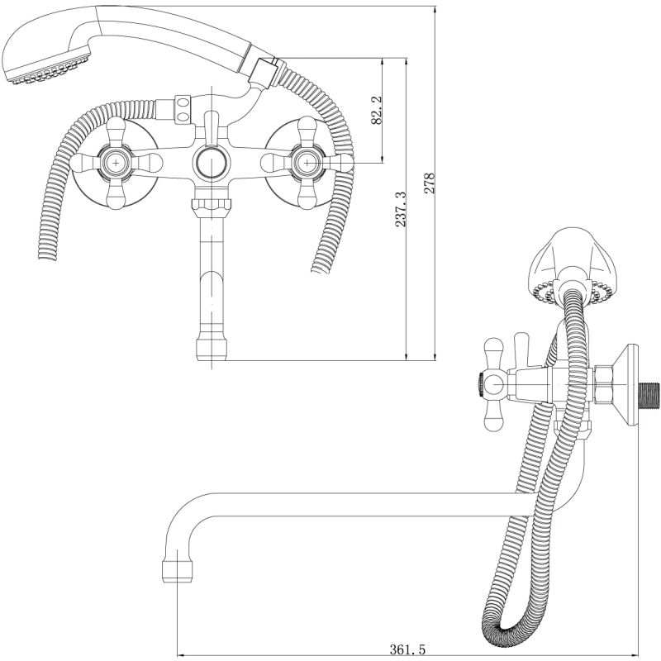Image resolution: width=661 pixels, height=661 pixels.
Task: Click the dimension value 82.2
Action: coord(377,110)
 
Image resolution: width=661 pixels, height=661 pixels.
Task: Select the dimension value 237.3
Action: coord(401,209)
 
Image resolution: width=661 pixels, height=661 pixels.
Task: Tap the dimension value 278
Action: coord(429,182)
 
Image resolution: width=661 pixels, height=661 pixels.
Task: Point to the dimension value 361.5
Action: coord(407,649)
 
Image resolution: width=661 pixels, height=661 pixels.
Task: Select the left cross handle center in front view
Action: coord(116,162)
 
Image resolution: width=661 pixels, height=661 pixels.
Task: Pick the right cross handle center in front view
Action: coord(307,163)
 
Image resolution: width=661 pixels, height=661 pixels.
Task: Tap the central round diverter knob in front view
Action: coord(211,162)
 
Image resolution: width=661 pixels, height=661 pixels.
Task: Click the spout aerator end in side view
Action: coord(178,570)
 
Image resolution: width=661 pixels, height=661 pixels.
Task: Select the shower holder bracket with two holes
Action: coord(183,110)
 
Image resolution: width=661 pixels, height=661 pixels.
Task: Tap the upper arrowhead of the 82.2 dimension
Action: coord(383,63)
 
